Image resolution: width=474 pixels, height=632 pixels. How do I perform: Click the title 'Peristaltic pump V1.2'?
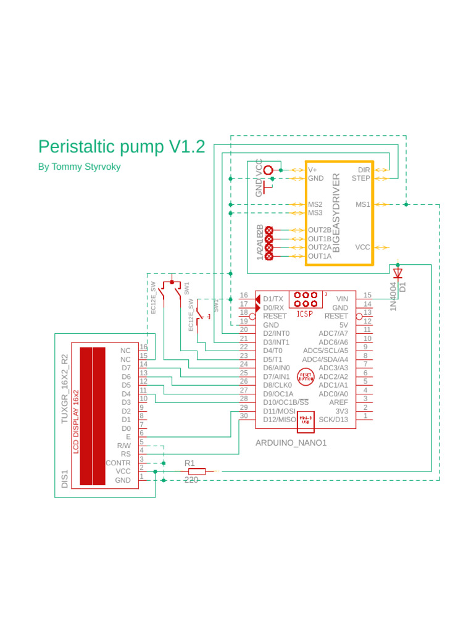coord(122,147)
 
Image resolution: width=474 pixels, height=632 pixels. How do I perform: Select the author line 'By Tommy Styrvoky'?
coord(79,167)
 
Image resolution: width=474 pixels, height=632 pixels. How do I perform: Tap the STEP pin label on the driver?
coord(360,178)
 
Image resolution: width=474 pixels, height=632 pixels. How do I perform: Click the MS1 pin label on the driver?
coord(362,204)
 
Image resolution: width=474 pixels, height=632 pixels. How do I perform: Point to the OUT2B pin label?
coord(319,230)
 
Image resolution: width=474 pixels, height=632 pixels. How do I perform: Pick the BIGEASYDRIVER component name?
coord(336,212)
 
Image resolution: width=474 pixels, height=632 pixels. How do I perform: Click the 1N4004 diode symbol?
coord(397,272)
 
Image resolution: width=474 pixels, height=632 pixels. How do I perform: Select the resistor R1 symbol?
coord(197,472)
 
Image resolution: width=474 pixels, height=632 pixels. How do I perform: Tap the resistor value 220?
coord(191,480)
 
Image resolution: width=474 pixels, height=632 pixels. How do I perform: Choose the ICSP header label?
coord(305,314)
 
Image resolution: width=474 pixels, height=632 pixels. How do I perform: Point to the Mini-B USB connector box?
coord(306,420)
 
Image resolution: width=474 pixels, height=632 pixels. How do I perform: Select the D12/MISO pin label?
coord(280,420)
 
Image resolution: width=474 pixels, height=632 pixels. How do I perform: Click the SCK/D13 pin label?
coord(333,420)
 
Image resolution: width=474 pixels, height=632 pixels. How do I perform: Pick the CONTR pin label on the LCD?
coord(118,462)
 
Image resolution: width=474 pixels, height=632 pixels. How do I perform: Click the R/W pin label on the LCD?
coord(123,445)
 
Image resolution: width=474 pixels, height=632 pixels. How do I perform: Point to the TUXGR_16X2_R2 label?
coord(64,388)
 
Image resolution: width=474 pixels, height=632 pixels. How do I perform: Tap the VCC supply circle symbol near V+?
coord(268,170)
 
